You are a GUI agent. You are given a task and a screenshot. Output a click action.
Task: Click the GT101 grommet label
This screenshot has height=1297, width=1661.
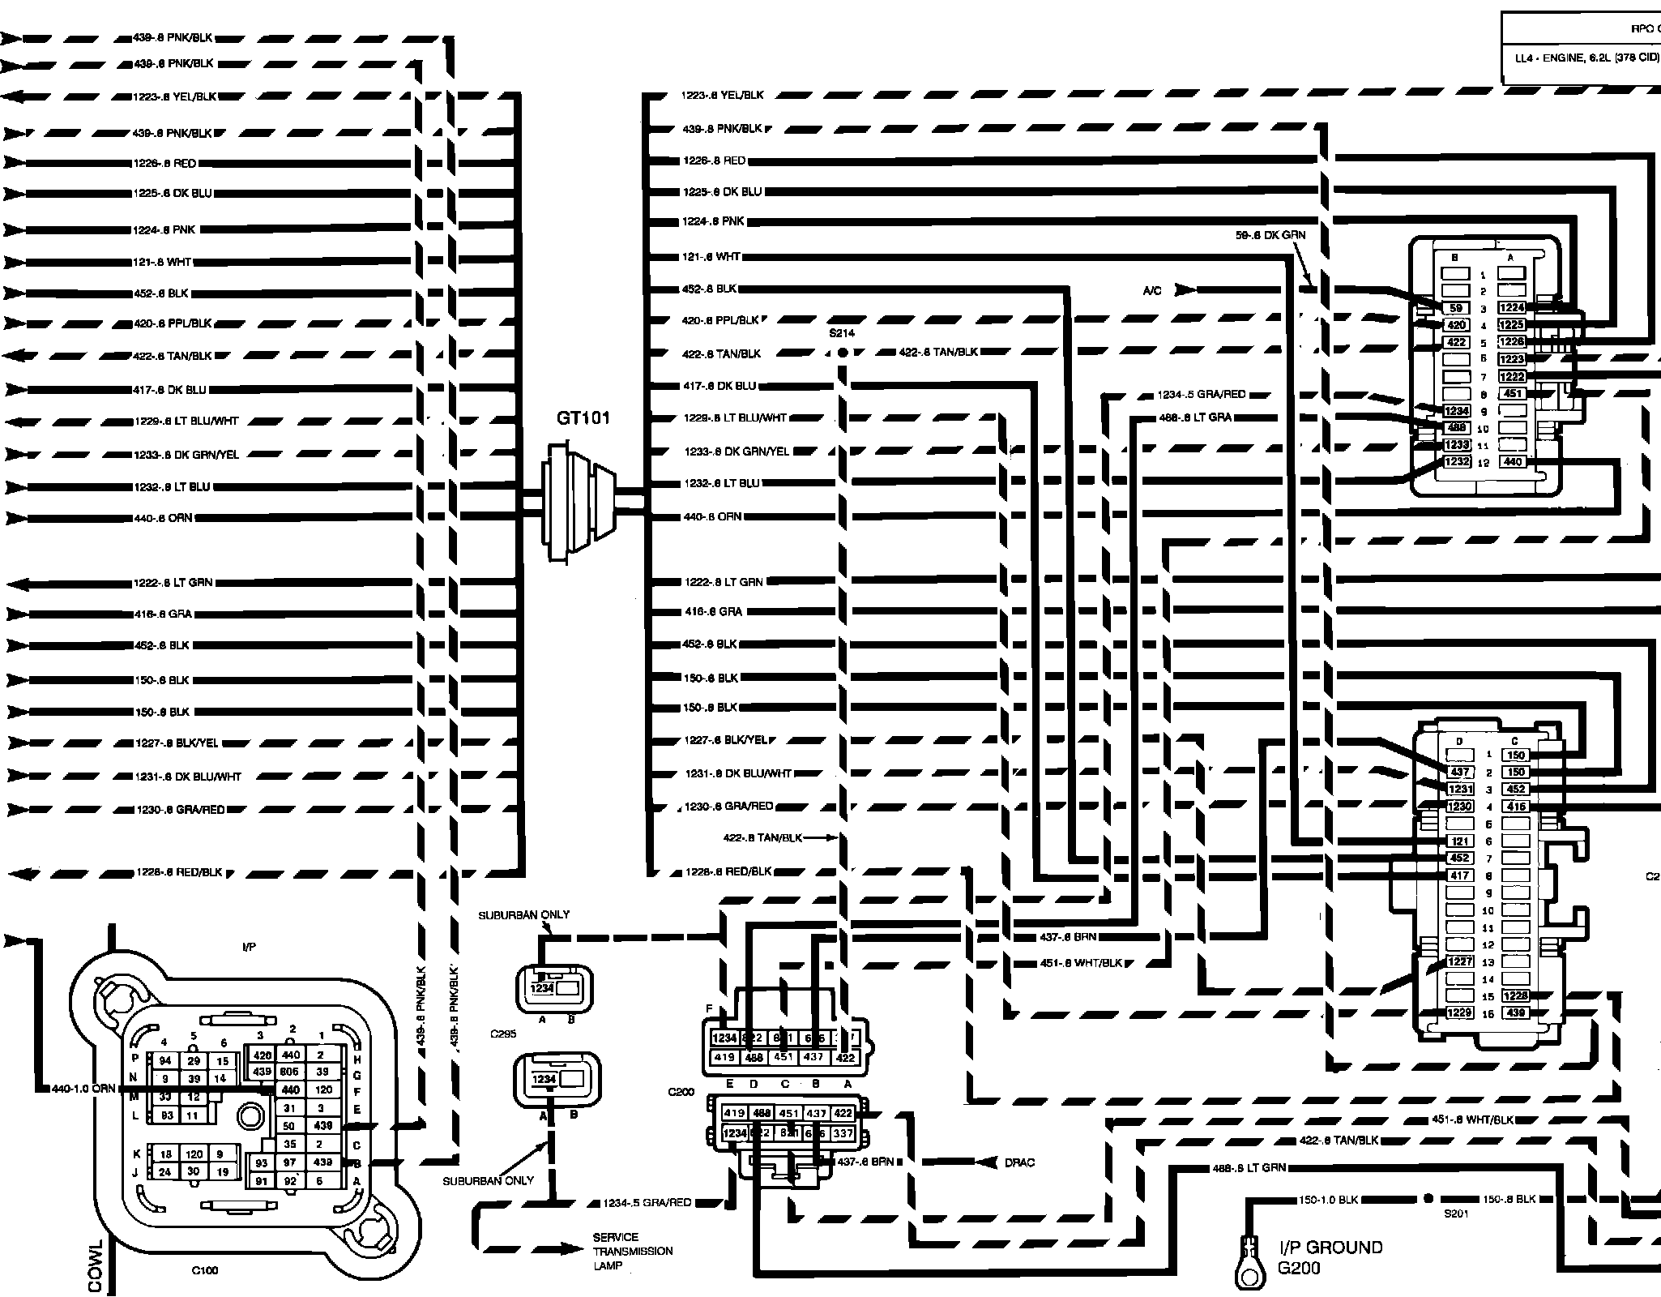583,418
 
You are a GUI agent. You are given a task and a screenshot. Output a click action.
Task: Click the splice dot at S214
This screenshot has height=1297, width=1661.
842,353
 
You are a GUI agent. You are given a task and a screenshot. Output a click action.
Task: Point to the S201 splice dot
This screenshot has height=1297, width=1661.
1428,1198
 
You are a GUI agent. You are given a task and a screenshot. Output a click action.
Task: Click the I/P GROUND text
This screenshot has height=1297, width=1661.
1330,1248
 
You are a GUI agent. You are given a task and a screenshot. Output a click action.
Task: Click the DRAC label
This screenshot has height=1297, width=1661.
1019,1162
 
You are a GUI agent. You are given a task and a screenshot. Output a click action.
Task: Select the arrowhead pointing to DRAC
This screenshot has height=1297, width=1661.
985,1162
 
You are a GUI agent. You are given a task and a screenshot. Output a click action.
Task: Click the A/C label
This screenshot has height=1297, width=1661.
1152,290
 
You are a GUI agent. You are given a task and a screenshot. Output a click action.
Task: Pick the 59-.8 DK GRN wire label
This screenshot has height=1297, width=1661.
1270,235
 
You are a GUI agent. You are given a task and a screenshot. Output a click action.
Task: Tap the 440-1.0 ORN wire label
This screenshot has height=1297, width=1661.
83,1089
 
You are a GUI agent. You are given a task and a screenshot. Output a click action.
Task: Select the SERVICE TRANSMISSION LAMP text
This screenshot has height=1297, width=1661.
632,1251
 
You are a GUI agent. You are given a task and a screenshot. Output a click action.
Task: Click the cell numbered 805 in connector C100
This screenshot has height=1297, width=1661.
290,1072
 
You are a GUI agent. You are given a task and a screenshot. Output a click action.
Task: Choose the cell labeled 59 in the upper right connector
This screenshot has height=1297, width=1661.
1456,308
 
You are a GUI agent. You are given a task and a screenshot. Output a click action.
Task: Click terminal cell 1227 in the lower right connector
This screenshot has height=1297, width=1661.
1460,961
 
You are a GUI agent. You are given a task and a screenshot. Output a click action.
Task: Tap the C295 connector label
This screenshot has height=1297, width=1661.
503,1034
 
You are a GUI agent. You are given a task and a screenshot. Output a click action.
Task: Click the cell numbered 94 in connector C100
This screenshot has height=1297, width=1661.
164,1061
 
